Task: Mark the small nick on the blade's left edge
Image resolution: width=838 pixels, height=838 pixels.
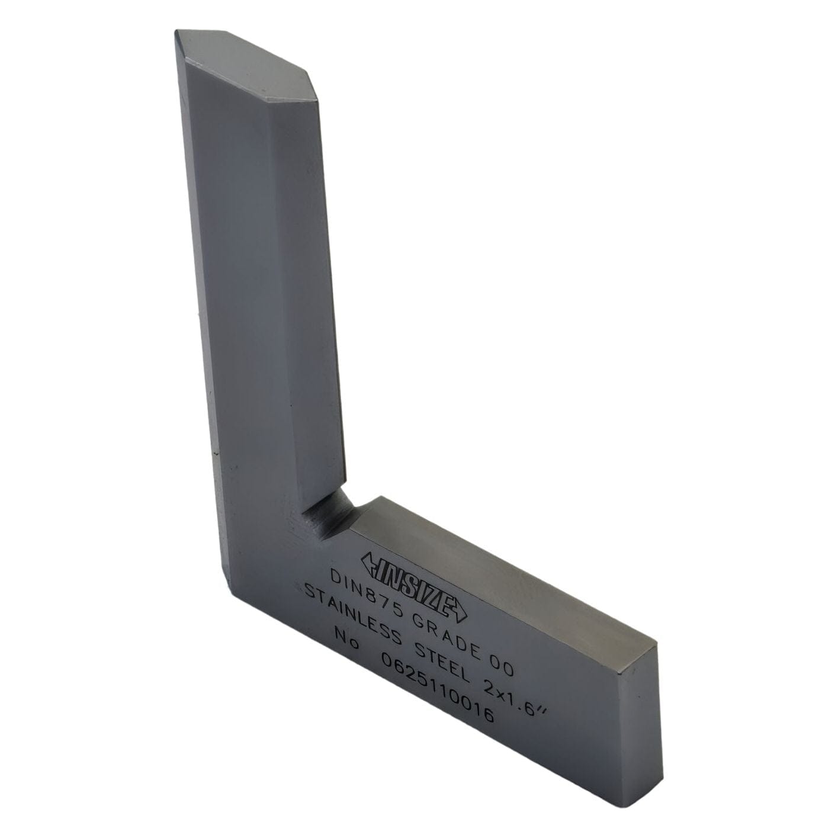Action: click(214, 454)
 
